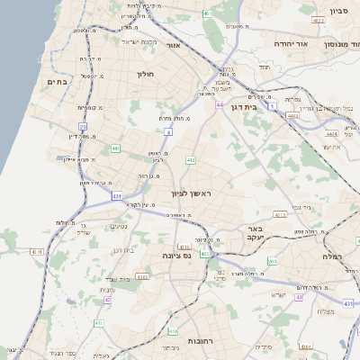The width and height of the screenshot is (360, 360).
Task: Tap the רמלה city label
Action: (x=343, y=256)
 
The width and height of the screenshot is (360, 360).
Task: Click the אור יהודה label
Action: (x=316, y=43)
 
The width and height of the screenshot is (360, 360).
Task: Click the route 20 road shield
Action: (x=82, y=128)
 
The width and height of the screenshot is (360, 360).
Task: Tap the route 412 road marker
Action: (x=191, y=160)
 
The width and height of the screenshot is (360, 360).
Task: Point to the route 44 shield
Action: (x=220, y=105)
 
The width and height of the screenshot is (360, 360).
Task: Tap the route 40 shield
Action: (x=298, y=296)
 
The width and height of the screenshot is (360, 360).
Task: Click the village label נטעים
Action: (x=118, y=226)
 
